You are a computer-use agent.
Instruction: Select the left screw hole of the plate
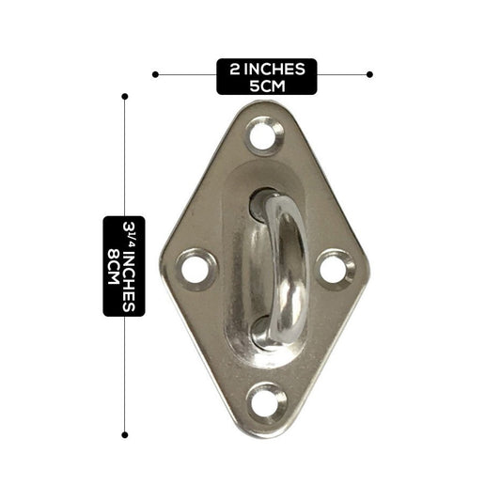coord(195,270)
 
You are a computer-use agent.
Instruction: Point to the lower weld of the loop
coord(262,334)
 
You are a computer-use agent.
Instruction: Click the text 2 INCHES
coord(267,69)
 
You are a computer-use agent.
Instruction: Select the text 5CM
coord(268,86)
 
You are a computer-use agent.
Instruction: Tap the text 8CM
coord(114,266)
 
